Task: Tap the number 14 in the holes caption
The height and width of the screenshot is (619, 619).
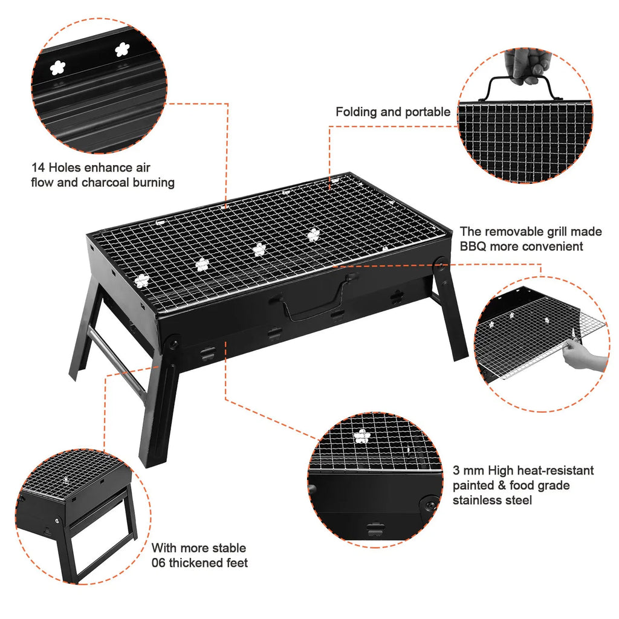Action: tap(38, 167)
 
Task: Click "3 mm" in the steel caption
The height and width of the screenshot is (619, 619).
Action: tap(468, 470)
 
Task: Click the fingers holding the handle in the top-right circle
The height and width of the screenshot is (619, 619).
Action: tap(523, 67)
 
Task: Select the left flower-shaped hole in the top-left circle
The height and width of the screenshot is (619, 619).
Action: tap(57, 68)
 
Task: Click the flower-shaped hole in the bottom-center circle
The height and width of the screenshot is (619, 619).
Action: tap(362, 436)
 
